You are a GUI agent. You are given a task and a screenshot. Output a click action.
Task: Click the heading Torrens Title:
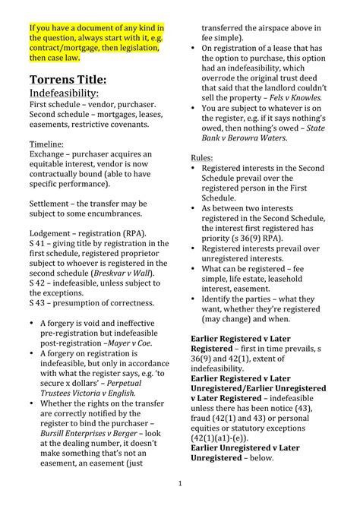tap(73, 79)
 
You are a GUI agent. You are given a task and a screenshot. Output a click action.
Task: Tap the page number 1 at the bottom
tap(180, 483)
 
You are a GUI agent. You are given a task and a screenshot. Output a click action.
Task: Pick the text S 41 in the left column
tap(38, 243)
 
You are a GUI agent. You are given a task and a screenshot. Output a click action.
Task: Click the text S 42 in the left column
tap(38, 283)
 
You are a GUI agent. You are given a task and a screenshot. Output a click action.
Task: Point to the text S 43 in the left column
tap(38, 302)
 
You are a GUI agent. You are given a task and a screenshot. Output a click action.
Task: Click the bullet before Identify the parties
tap(194, 299)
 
